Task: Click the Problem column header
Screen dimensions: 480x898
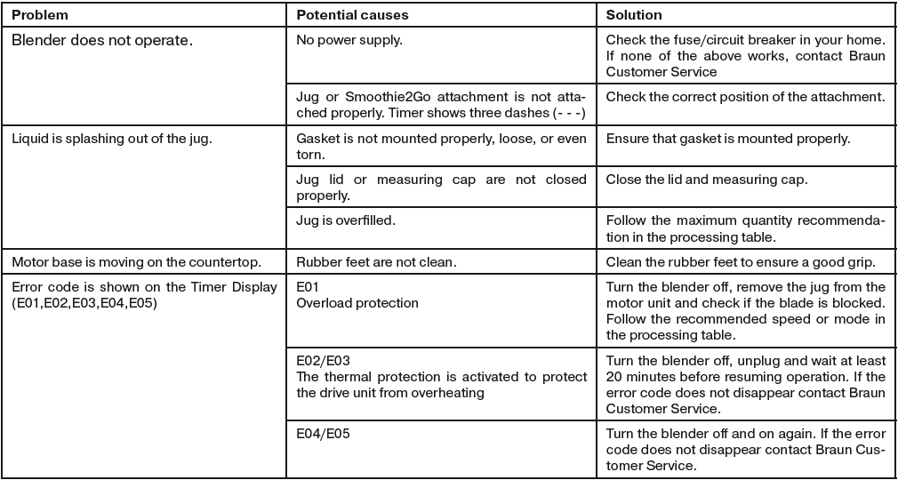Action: click(40, 16)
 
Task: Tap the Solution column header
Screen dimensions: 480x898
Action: click(633, 16)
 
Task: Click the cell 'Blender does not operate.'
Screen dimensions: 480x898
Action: click(102, 40)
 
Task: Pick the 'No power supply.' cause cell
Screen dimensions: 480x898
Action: click(343, 40)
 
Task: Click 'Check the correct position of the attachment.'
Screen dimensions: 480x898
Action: click(745, 96)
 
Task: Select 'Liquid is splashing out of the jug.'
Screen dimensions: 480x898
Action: click(111, 139)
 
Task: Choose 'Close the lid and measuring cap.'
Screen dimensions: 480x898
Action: click(706, 180)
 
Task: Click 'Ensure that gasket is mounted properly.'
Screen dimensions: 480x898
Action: click(728, 139)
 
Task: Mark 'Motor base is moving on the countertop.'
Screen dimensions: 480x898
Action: click(136, 262)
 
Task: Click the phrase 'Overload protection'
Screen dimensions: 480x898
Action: click(357, 303)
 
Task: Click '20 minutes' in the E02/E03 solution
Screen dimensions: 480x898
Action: click(640, 377)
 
